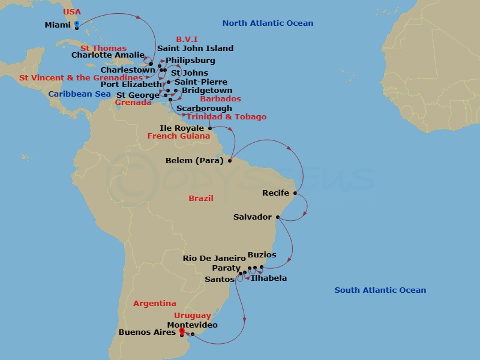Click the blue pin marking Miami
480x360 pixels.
(x=77, y=25)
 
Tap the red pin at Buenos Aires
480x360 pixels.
(x=181, y=331)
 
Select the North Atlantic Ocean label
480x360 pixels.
(x=268, y=23)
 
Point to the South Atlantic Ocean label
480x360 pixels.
(x=380, y=290)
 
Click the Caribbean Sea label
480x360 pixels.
(x=79, y=94)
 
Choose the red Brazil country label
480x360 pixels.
(x=200, y=198)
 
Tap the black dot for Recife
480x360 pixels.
(x=295, y=193)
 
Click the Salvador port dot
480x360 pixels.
(x=277, y=217)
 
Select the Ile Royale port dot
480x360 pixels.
(x=209, y=128)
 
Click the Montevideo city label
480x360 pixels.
(x=192, y=325)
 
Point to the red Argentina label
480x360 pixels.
(x=155, y=304)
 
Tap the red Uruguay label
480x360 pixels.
(x=193, y=316)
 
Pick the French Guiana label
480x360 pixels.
(x=179, y=136)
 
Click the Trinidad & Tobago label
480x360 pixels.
(x=226, y=117)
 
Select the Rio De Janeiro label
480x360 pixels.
(x=214, y=259)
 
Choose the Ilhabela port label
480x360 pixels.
(x=269, y=278)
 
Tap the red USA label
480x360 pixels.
(x=72, y=12)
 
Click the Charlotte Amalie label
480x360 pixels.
(x=108, y=55)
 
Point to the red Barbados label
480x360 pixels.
(x=220, y=99)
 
